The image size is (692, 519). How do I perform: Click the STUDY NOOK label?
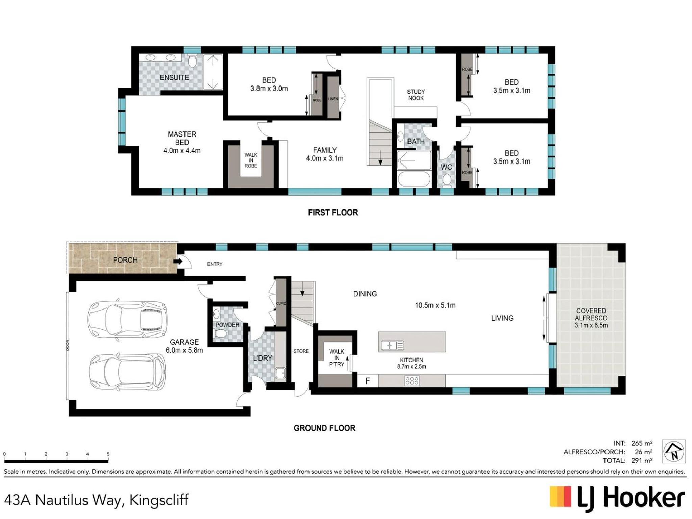416,95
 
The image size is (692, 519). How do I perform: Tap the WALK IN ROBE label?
251,160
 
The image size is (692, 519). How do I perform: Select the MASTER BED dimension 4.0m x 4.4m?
182,151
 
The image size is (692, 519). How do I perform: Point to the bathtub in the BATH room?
414,179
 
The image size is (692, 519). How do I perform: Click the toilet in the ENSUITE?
192,61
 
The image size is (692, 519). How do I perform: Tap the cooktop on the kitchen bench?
412,381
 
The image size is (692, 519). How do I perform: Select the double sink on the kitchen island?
392,345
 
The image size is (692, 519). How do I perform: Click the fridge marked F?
368,381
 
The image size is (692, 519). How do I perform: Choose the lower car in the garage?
127,372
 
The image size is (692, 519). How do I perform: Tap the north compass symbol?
673,451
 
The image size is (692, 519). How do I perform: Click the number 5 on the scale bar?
108,454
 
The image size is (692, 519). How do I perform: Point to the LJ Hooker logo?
617,499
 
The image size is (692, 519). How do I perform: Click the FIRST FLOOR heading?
333,213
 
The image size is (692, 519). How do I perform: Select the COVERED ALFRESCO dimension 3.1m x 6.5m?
591,325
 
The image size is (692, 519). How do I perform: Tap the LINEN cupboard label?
333,99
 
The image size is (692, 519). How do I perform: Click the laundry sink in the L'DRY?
280,373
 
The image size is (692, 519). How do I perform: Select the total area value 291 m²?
642,460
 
